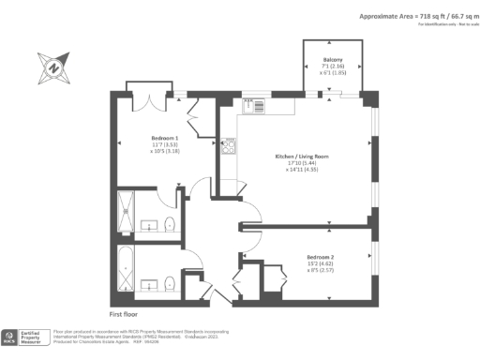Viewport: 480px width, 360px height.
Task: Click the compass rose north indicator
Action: tap(52, 67)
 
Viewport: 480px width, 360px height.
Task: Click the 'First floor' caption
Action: tap(125, 314)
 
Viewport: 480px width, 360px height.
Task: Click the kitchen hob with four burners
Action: tap(228, 145)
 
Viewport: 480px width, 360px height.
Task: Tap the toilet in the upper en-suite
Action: tap(169, 224)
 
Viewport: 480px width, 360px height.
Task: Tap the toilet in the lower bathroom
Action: tap(170, 283)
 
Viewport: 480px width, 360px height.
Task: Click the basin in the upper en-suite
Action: tap(149, 226)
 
